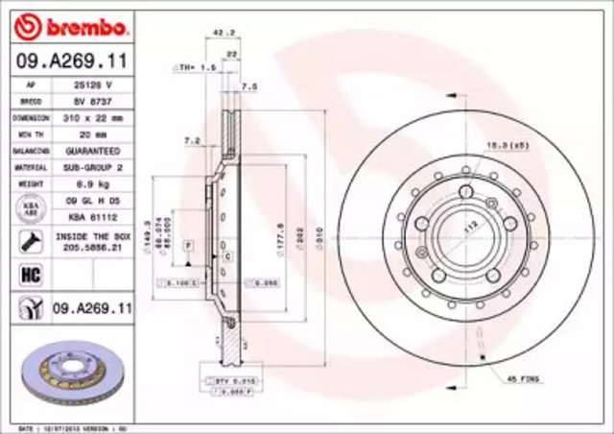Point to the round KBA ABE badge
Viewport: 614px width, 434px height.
[x=31, y=207]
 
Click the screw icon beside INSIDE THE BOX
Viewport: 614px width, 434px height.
[x=31, y=241]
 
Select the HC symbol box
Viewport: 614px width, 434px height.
[x=31, y=276]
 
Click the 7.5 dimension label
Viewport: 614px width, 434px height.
[x=250, y=86]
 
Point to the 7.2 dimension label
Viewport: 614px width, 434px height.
[x=191, y=141]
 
